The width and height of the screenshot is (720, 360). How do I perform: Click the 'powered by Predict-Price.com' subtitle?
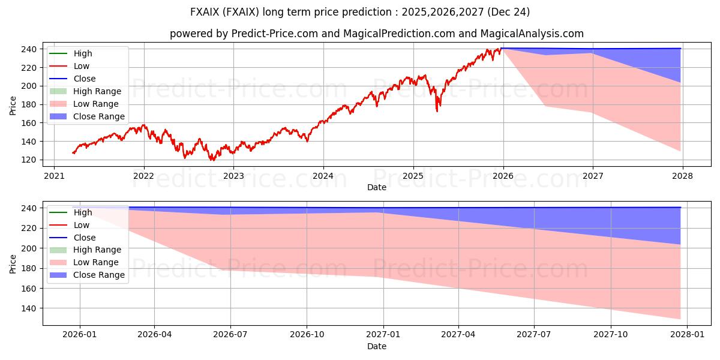[x=376, y=34]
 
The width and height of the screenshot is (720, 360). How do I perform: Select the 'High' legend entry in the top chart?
[x=83, y=53]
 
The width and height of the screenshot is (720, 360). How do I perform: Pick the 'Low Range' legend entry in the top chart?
[x=97, y=104]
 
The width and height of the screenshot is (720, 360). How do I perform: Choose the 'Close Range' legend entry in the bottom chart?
[x=99, y=275]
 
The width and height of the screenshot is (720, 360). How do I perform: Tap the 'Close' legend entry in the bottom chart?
[x=85, y=238]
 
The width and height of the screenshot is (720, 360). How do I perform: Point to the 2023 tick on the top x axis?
[x=233, y=176]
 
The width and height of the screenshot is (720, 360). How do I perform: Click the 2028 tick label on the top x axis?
[x=682, y=176]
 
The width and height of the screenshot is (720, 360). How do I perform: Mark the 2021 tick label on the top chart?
[x=54, y=176]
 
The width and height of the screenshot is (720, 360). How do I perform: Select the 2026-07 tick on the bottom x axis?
[x=231, y=335]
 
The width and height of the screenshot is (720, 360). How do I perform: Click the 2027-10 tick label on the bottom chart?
[x=611, y=335]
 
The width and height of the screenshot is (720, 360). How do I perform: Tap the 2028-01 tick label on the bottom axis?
[x=687, y=335]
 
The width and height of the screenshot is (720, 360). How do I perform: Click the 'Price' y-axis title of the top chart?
[x=13, y=104]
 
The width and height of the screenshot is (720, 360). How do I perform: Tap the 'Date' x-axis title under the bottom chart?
[x=376, y=346]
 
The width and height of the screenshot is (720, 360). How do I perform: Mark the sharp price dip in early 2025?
[x=437, y=110]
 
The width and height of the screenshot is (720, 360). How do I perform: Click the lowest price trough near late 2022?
[x=211, y=160]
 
